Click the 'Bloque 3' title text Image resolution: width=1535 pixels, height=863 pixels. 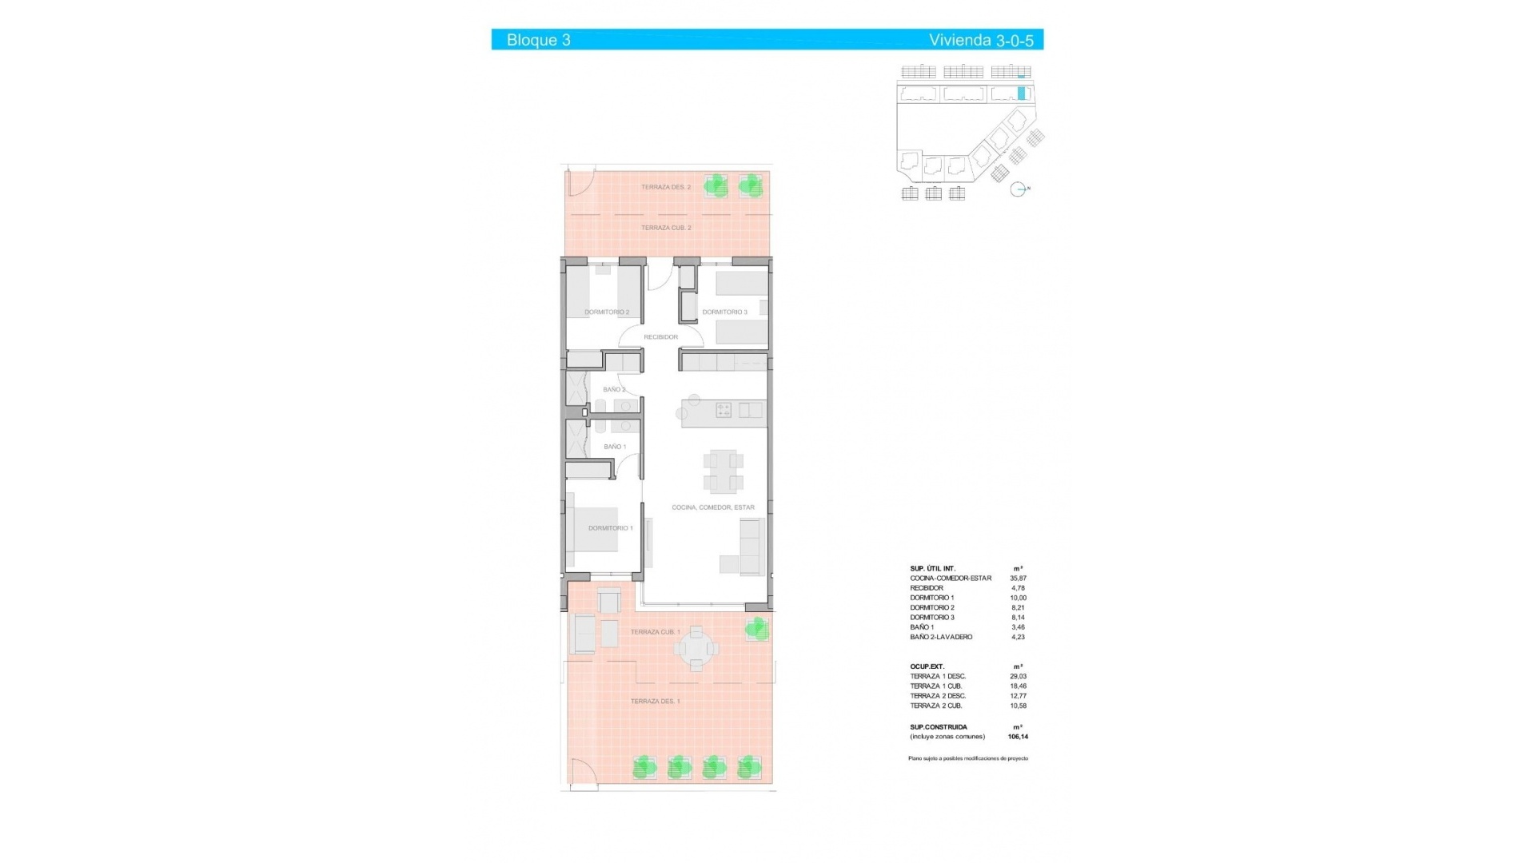(538, 40)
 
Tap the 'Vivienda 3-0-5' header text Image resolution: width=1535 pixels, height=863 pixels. (980, 40)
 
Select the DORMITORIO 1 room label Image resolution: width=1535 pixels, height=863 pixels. (610, 528)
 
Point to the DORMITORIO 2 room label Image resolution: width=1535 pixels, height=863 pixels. (607, 312)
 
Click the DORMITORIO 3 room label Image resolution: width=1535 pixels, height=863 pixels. (724, 312)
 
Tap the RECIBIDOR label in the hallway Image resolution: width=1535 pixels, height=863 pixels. (660, 337)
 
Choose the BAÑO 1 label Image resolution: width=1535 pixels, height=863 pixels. (615, 447)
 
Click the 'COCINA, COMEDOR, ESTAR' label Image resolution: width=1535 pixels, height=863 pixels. (712, 507)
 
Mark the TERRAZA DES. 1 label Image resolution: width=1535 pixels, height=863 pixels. (655, 702)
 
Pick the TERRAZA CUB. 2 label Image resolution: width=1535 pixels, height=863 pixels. (666, 228)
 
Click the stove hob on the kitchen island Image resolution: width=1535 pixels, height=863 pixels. (724, 410)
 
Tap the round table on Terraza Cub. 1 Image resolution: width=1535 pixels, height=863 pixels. (696, 648)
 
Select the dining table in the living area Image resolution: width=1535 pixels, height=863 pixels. (724, 471)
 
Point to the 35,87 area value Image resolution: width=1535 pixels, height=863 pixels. (1018, 579)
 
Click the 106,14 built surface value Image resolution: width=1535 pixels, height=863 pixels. (1018, 737)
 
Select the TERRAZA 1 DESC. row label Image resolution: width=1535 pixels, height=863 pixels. (937, 677)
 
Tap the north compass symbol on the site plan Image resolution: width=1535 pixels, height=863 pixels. (1018, 189)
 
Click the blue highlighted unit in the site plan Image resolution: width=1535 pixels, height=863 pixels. (1021, 93)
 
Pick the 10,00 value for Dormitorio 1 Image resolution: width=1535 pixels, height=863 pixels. (1018, 598)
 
